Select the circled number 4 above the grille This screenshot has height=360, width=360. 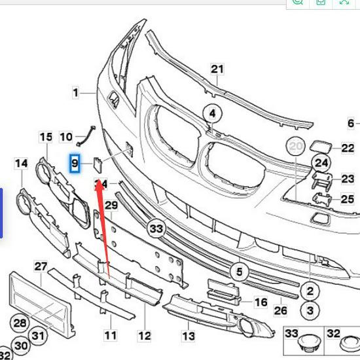coord(211,114)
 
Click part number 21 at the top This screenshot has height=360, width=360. coord(217,69)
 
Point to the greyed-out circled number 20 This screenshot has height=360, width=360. coord(296,148)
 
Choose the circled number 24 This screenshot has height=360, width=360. coord(321,162)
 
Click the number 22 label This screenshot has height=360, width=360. coord(348,149)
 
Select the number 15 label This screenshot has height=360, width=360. coord(46,137)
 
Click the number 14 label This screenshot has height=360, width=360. coord(22,162)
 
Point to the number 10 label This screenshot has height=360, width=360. coord(66,137)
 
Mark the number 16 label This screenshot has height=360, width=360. coord(261,302)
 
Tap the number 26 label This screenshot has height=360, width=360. coord(280,310)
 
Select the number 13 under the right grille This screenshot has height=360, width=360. coord(189,336)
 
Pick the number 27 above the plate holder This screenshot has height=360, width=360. coord(41,266)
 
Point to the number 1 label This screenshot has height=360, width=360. coord(75,93)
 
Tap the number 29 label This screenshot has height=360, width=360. coord(111,206)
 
